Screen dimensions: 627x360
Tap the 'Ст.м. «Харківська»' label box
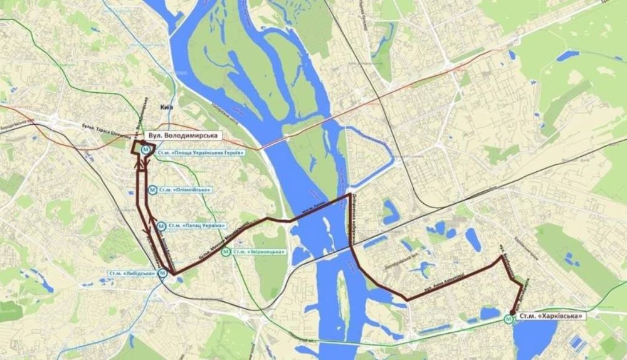point(549,317)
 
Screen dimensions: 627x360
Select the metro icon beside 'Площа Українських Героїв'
point(146,150)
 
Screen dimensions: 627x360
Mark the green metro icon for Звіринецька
point(225,252)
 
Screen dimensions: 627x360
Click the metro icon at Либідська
point(162,273)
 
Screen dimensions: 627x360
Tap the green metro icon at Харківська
point(508,318)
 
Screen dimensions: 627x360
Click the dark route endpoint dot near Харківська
point(512,312)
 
